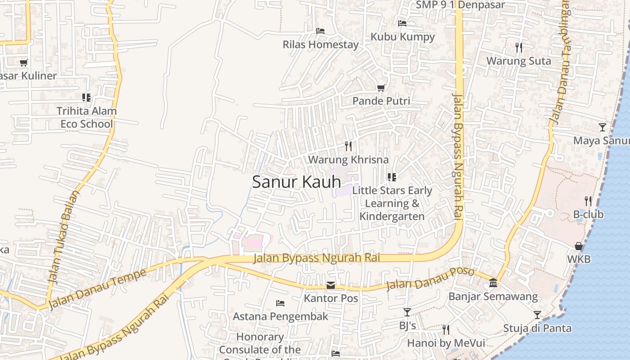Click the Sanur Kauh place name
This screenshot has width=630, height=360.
tap(296, 182)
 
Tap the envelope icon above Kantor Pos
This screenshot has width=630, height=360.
tap(331, 285)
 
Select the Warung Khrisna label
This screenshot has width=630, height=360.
tap(348, 160)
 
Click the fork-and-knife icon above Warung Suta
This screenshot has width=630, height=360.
tap(519, 47)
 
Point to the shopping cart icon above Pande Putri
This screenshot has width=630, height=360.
tap(381, 88)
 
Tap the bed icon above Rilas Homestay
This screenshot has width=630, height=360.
tap(320, 31)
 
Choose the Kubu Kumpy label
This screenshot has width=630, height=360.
tap(402, 37)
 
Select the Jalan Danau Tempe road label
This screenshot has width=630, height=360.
tap(97, 289)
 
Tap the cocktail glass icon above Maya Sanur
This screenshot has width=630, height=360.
tap(602, 127)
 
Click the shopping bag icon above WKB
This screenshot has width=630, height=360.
tap(579, 246)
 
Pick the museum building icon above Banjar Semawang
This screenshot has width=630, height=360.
tap(493, 283)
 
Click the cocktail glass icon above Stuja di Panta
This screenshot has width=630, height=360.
tap(537, 315)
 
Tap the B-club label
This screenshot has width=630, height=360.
tap(588, 215)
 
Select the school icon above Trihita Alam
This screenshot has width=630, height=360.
tap(86, 97)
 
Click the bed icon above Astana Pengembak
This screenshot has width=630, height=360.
tap(280, 303)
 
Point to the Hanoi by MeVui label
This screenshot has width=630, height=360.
tap(445, 343)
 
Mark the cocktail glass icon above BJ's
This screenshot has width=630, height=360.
tap(407, 312)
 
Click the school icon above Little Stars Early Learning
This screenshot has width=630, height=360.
tap(392, 177)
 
